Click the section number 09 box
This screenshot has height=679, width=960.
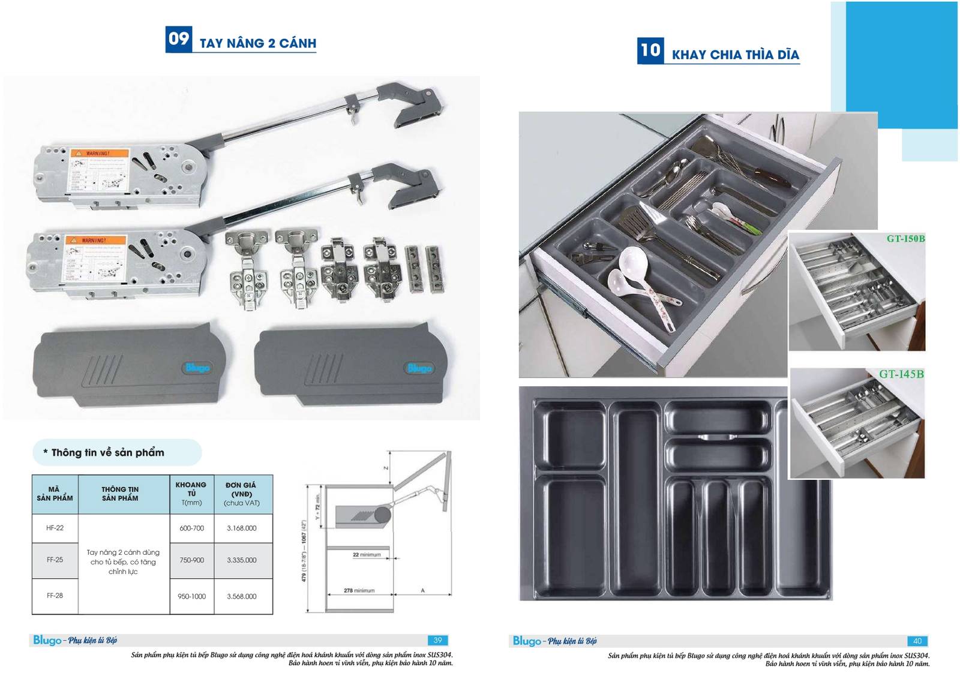click(178, 39)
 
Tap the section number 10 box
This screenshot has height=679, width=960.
click(650, 50)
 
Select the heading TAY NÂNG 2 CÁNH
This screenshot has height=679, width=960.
click(258, 43)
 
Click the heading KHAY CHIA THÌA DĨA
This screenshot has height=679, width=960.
click(735, 55)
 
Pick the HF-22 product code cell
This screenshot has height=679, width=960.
click(55, 528)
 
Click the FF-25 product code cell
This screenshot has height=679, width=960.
click(55, 560)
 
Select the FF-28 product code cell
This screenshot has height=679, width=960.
click(55, 596)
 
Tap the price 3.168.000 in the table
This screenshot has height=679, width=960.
click(242, 528)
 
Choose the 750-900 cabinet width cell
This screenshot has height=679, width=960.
click(191, 560)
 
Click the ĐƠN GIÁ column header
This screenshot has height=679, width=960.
click(241, 494)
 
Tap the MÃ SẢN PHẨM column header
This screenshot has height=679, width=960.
click(55, 494)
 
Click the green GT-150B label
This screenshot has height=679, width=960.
click(905, 239)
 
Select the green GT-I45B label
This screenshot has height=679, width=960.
click(901, 374)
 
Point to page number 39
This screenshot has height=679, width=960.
click(437, 641)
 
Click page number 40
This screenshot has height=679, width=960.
click(917, 641)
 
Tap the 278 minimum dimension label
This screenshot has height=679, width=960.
click(359, 591)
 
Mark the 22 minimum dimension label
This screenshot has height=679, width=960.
click(366, 555)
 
